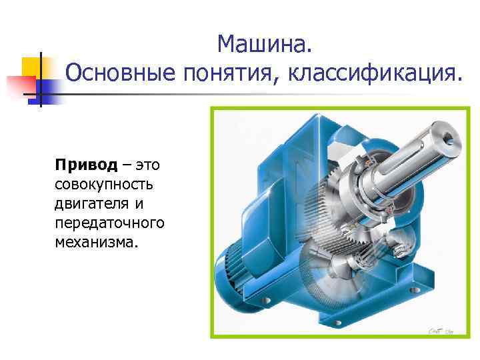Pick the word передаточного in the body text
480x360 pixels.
109,221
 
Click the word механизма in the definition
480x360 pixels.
96,239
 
